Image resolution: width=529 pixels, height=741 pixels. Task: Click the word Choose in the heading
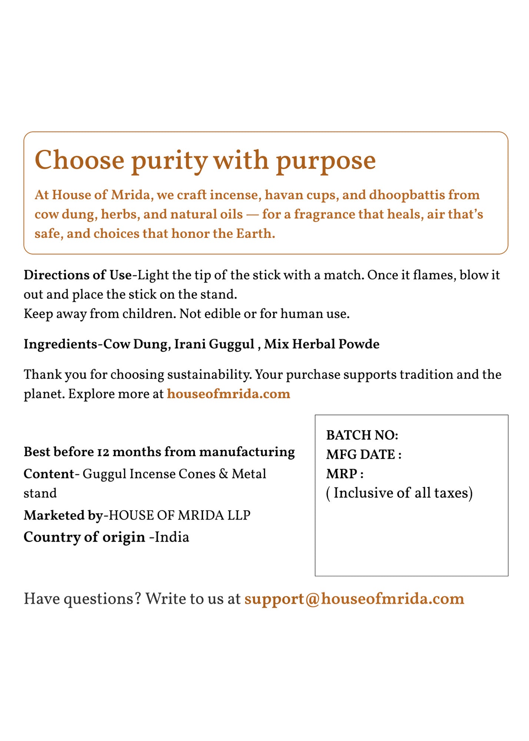[x=79, y=161]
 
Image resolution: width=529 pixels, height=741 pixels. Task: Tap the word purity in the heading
[x=169, y=161]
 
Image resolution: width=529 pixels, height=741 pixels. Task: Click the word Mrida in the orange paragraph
[x=130, y=195]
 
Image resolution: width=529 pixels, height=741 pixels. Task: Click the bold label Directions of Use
[x=78, y=275]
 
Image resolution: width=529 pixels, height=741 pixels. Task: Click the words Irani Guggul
[x=214, y=344]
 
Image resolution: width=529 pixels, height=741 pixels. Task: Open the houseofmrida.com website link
[x=228, y=394]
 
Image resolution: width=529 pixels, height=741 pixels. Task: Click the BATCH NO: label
[x=362, y=435]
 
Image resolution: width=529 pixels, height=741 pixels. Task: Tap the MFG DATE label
[x=363, y=454]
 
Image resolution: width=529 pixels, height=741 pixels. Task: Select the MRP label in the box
[x=345, y=473]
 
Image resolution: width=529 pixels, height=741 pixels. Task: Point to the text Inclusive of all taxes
[x=399, y=493]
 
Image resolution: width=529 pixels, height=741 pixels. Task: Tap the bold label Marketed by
[x=63, y=515]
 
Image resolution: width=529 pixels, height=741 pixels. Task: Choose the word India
[x=172, y=537]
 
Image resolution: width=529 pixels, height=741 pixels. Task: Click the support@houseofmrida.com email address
[x=354, y=599]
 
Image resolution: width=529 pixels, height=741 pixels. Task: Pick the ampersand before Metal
[x=223, y=474]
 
